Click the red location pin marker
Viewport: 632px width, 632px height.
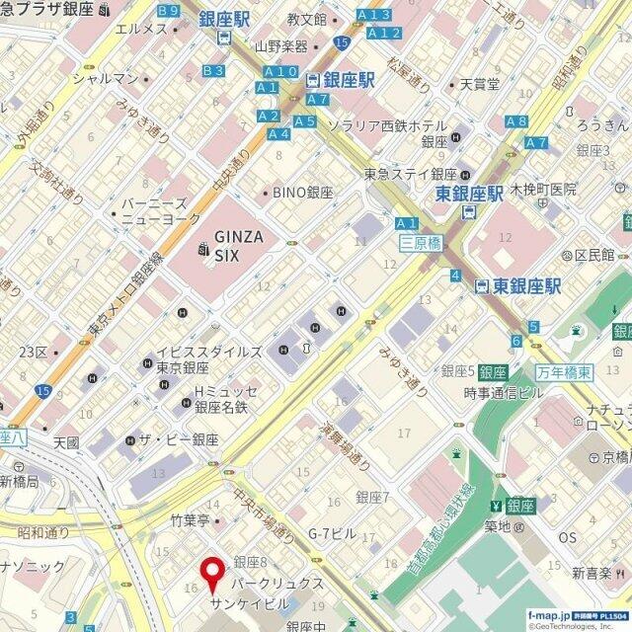click(x=211, y=573)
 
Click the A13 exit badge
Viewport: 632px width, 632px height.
click(x=374, y=14)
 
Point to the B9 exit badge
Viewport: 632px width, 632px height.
click(x=169, y=11)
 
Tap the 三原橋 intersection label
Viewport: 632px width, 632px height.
click(x=420, y=242)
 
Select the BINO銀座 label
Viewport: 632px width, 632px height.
click(x=303, y=194)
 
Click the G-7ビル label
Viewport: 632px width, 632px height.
click(x=332, y=533)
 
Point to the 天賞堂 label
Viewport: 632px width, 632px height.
click(x=480, y=85)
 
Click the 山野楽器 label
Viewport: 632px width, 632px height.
click(x=281, y=45)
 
